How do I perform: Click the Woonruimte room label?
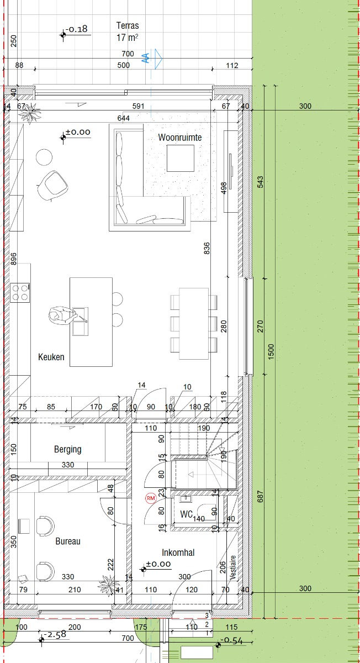pos(180,138)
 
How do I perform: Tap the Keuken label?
pos(51,357)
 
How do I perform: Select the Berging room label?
pos(68,449)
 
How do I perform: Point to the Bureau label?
pos(68,541)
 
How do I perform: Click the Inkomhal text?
pos(178,552)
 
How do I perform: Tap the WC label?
pos(187,514)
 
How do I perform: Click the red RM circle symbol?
pos(151,498)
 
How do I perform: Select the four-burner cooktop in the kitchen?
pos(20,293)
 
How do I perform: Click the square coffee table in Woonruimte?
pos(181,159)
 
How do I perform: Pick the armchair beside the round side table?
pos(52,186)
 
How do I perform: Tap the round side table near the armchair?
pos(44,157)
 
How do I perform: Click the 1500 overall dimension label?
pos(271,352)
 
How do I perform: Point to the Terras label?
pos(128,26)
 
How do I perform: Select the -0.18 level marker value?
pos(77,29)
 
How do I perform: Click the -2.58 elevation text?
pos(55,635)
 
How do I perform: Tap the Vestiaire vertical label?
pos(233,567)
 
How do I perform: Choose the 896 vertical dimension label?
pos(13,259)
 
